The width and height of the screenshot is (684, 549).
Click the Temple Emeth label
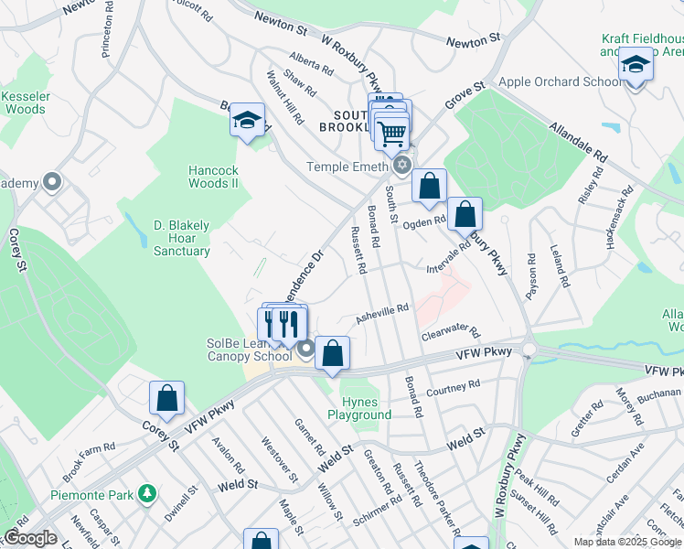(x=347, y=167)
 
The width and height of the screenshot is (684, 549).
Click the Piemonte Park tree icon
(x=146, y=495)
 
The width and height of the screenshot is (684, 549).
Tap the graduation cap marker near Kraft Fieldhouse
(x=635, y=65)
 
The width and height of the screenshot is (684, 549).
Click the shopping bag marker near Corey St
(x=166, y=398)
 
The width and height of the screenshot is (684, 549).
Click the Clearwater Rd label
(x=450, y=336)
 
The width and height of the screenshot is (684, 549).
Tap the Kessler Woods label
(x=23, y=102)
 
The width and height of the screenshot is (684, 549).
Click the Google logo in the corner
(x=31, y=538)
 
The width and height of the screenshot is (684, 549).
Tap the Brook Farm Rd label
(x=90, y=459)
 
